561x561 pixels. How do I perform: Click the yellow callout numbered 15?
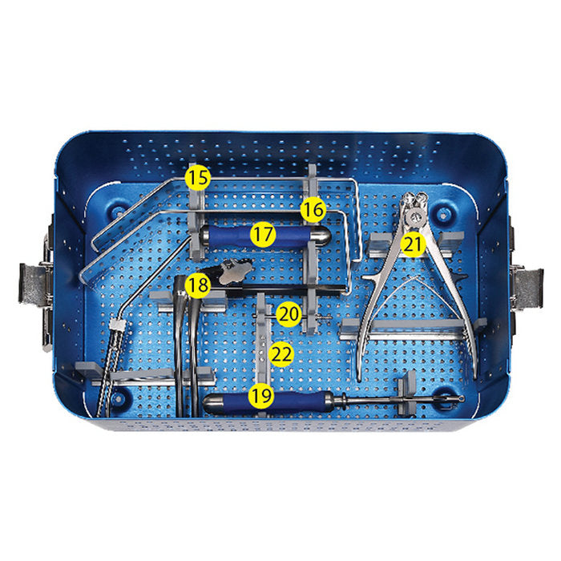pos(198,177)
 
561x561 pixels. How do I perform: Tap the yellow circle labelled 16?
pos(313,211)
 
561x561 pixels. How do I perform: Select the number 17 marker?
pos(262,235)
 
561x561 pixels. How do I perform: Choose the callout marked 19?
pos(260,395)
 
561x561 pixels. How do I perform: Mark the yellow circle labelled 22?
pos(281,353)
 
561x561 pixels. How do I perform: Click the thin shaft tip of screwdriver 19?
pos(453,398)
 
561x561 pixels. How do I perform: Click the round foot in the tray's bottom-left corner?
pos(120,396)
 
